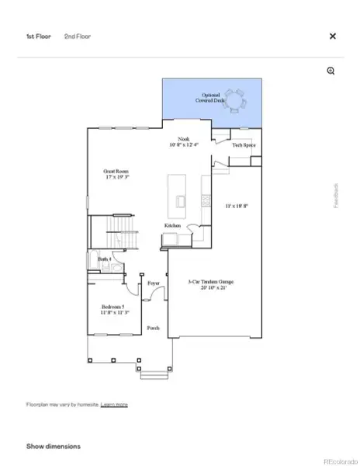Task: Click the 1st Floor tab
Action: (38, 36)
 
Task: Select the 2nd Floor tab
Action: (75, 36)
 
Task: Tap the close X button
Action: (333, 36)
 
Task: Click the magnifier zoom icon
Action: (331, 71)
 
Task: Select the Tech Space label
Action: (244, 145)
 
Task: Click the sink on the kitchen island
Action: (181, 202)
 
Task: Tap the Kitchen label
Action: (172, 226)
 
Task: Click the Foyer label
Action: (153, 283)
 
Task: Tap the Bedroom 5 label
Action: (115, 308)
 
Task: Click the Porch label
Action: (154, 328)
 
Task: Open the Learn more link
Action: (114, 405)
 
